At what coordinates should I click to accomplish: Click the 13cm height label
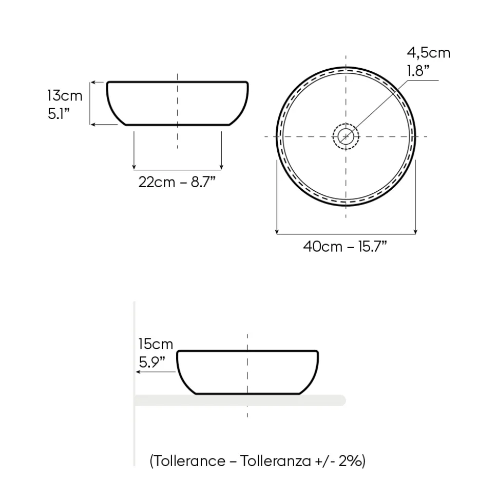click(x=65, y=95)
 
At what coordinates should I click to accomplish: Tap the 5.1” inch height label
click(x=59, y=113)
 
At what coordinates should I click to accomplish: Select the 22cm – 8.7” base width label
click(x=177, y=182)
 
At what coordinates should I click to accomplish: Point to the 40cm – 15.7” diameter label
click(x=345, y=247)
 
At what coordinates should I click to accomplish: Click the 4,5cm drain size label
click(x=429, y=53)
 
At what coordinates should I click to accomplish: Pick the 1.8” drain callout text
click(x=418, y=70)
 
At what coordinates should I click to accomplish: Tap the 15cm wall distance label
click(x=156, y=344)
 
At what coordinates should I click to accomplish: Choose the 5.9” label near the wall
click(x=152, y=362)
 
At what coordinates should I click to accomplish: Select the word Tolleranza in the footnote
click(x=275, y=461)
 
